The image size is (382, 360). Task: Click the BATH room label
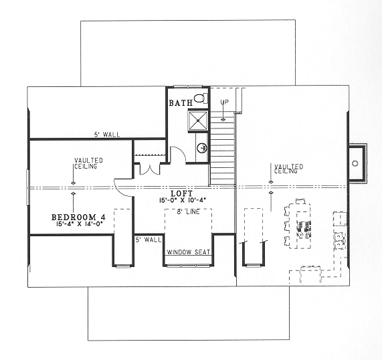[181, 103]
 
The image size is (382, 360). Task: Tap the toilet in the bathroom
[201, 98]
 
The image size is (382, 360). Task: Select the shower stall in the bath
[198, 121]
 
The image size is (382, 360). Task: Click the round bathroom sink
[202, 148]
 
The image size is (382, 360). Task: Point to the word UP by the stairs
[225, 102]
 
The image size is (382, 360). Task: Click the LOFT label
[182, 194]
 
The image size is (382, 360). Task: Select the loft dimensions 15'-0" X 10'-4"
[183, 200]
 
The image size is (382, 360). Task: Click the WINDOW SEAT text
[189, 252]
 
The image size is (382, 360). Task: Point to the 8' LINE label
[188, 212]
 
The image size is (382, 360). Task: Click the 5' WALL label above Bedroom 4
[107, 134]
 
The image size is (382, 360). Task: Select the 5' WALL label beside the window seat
[149, 240]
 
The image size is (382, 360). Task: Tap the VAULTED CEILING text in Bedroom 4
[88, 163]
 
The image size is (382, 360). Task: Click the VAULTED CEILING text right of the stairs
[289, 169]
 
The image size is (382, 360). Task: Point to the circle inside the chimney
[355, 163]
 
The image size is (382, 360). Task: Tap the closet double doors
[150, 170]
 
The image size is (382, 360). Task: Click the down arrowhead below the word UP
[223, 120]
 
